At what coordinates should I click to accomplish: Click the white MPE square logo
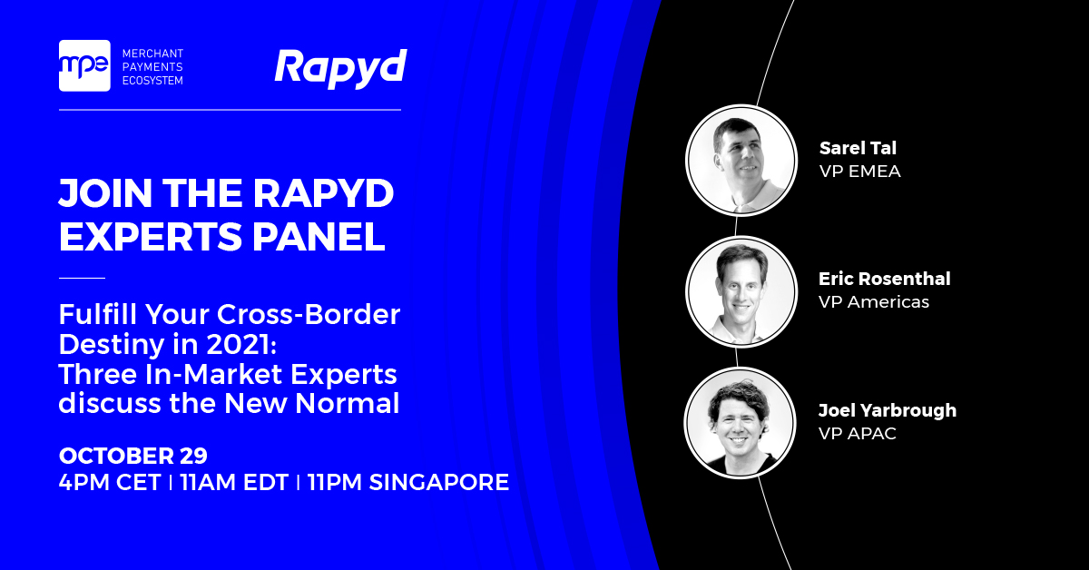click(84, 65)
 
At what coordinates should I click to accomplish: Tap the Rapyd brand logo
click(341, 69)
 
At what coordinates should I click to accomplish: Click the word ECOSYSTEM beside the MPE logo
click(152, 81)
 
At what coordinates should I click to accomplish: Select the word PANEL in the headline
click(319, 237)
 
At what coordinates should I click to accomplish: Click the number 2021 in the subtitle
click(241, 344)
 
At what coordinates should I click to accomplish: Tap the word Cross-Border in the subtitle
click(309, 314)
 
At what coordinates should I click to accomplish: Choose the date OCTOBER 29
click(133, 456)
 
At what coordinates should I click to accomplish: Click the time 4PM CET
click(110, 482)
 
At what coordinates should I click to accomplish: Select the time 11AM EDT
click(234, 482)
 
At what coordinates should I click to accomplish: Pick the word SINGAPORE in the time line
click(439, 482)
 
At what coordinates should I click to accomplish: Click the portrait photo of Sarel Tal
click(741, 161)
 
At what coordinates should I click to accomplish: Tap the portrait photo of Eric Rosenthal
click(741, 292)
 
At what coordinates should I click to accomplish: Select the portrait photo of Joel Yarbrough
click(740, 423)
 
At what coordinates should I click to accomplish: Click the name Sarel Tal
click(858, 148)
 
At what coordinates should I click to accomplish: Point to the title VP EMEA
click(860, 172)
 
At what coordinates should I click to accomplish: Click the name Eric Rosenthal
click(885, 279)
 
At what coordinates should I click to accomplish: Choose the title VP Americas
click(874, 302)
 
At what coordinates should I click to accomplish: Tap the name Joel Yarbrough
click(888, 410)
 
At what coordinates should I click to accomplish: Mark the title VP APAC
click(858, 433)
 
